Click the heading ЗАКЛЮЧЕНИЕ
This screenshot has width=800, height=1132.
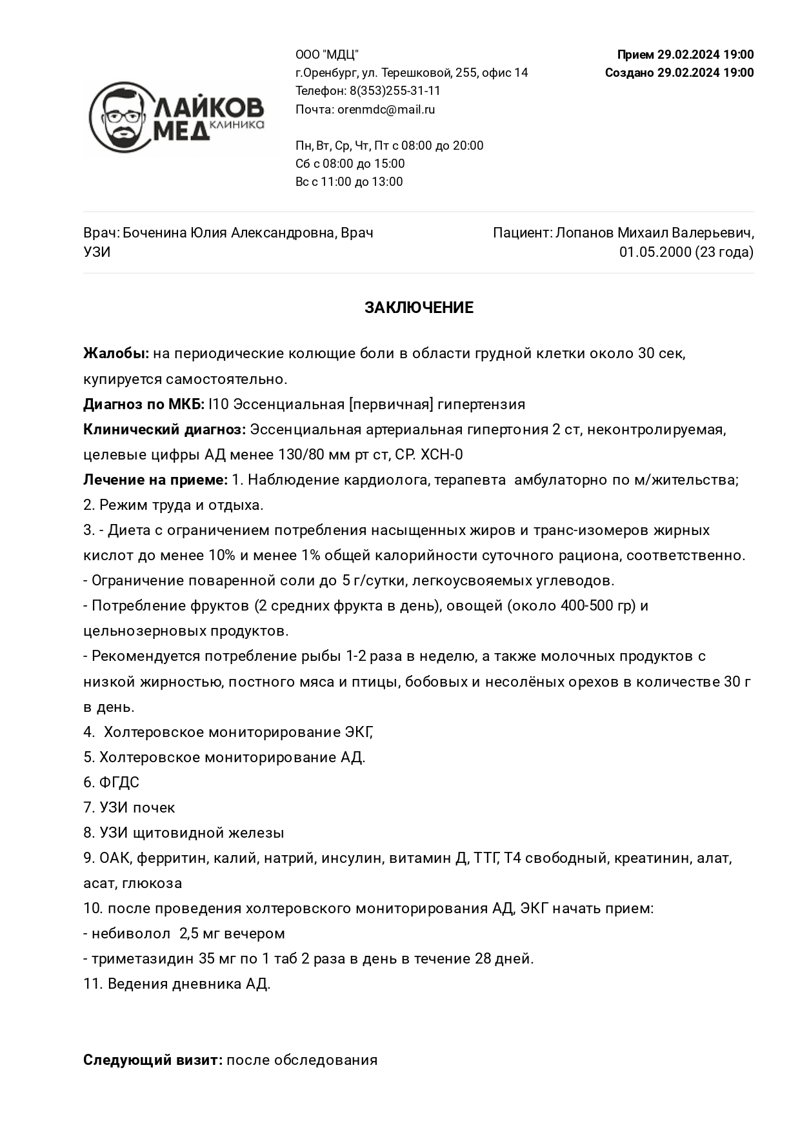pyautogui.click(x=419, y=308)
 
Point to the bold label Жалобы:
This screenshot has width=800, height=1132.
pyautogui.click(x=116, y=354)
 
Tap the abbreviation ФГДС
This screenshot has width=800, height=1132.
pyautogui.click(x=119, y=783)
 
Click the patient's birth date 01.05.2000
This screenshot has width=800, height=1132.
pyautogui.click(x=655, y=252)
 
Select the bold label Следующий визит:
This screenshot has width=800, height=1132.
pyautogui.click(x=153, y=1060)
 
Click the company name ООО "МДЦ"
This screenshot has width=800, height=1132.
pyautogui.click(x=327, y=55)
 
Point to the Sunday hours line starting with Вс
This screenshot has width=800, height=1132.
pyautogui.click(x=349, y=182)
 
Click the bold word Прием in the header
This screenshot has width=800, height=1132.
pyautogui.click(x=635, y=55)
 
